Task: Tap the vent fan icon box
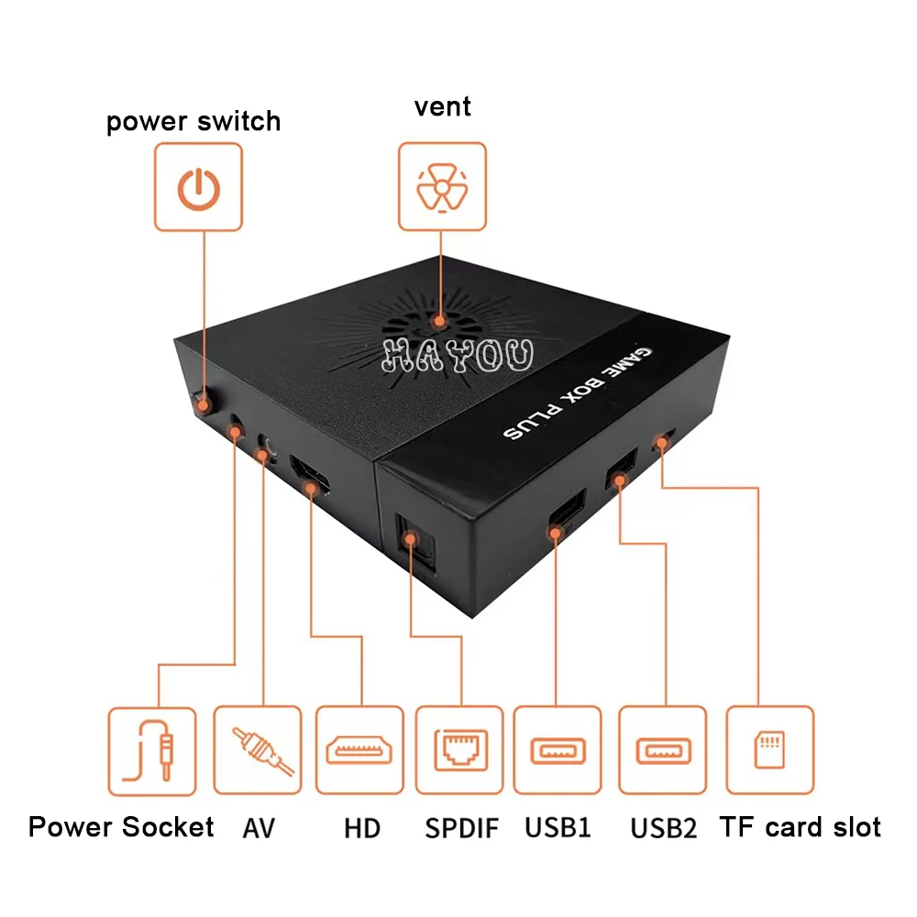pos(442,186)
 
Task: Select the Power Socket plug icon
pos(152,750)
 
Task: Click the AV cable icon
pos(258,750)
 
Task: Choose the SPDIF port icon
pos(459,750)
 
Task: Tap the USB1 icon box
pos(558,750)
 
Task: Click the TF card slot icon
pos(769,750)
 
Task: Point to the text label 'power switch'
pos(193,122)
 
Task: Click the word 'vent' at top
pos(442,106)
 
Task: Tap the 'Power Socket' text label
pos(121,827)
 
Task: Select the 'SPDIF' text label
pos(462,828)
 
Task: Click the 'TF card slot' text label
pos(801,827)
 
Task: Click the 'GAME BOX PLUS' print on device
pos(569,395)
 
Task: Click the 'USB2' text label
pos(664,828)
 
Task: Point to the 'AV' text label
pos(259,828)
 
